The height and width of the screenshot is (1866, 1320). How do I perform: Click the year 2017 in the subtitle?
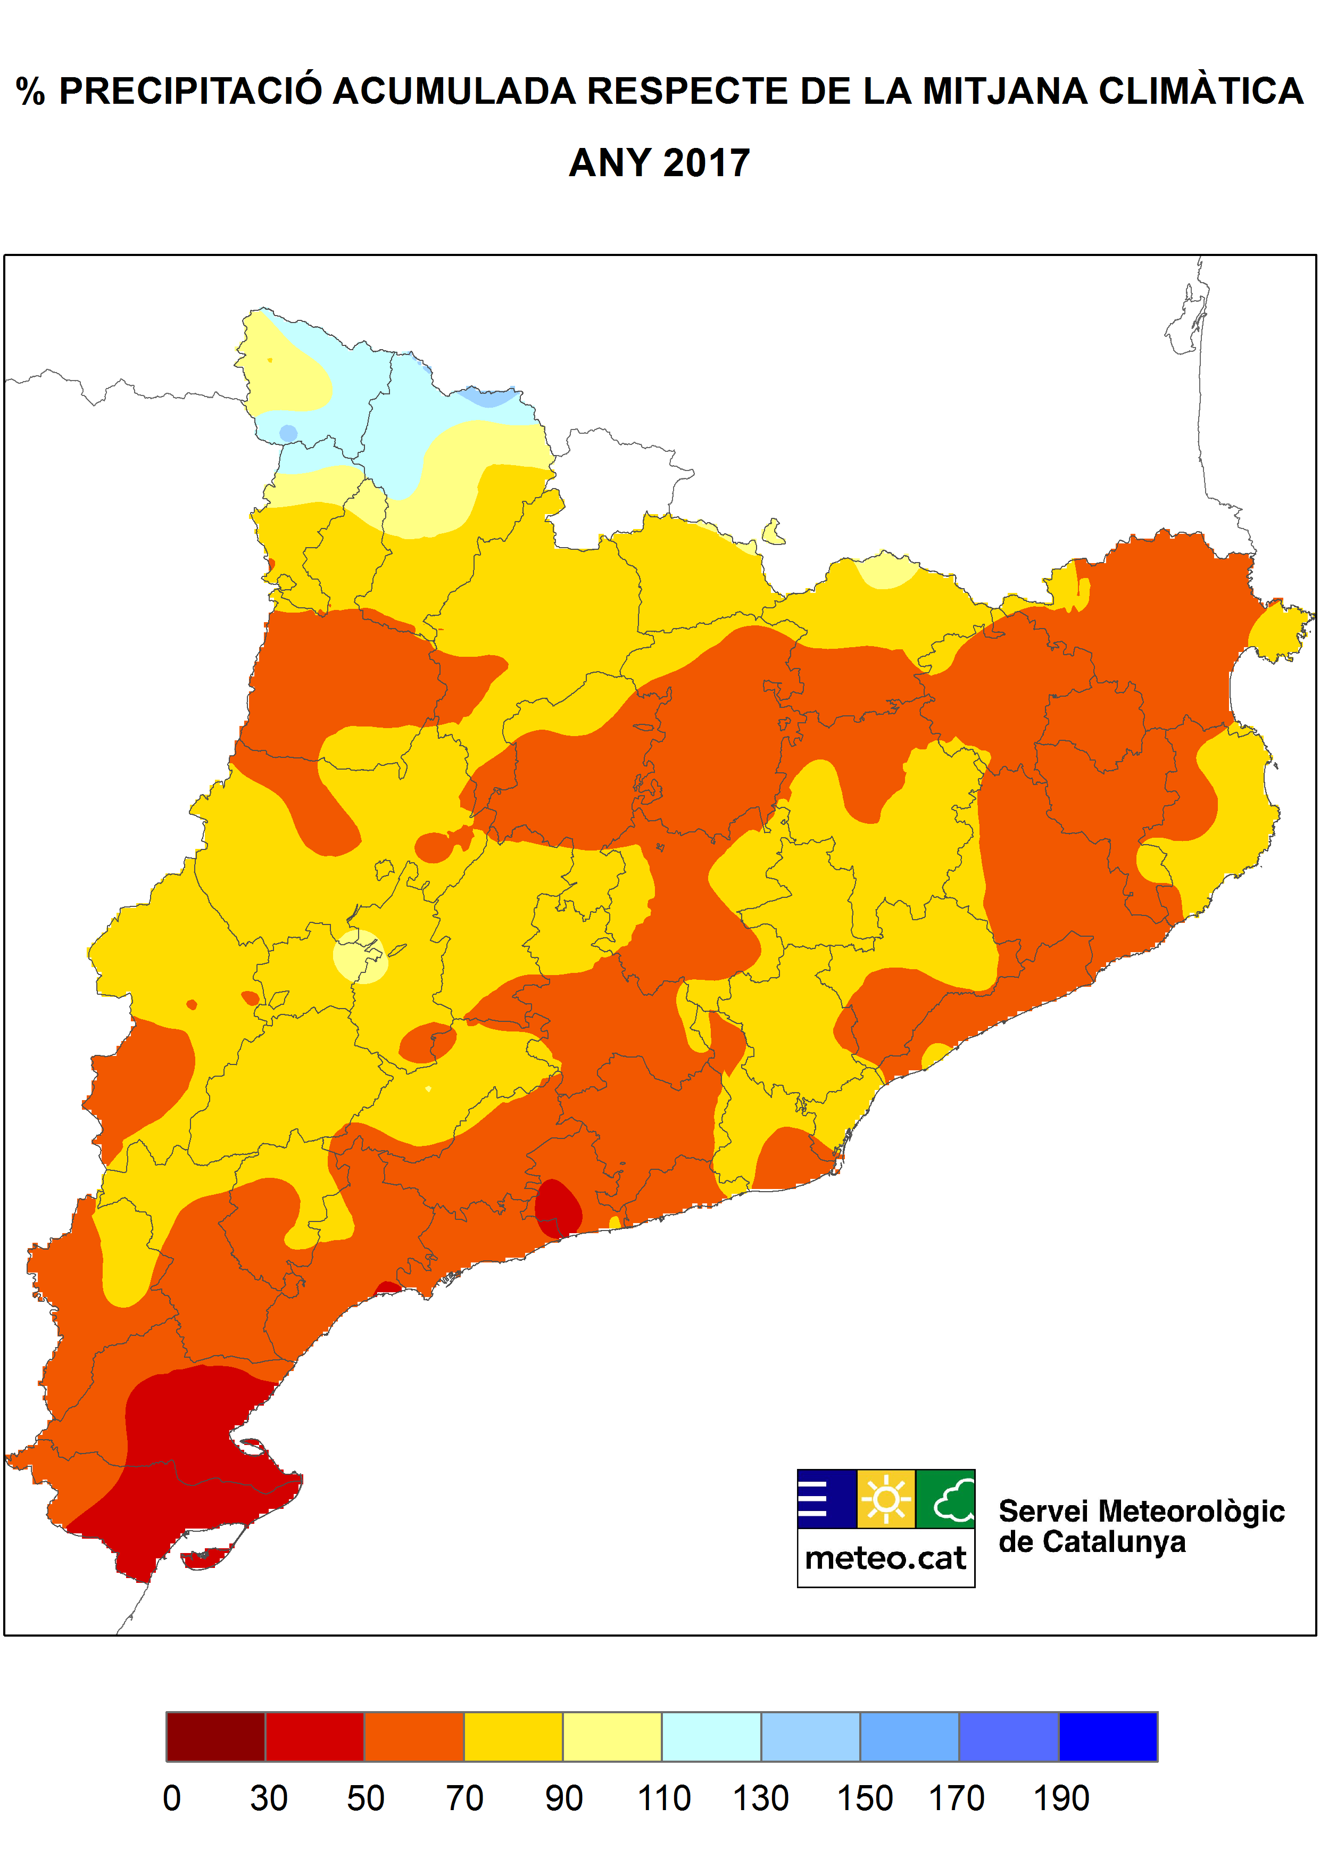[705, 163]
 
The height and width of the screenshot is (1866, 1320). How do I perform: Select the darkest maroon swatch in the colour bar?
[215, 1736]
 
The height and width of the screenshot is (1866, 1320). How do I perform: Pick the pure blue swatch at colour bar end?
[1108, 1736]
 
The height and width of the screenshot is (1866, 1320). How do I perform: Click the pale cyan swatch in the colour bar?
[711, 1736]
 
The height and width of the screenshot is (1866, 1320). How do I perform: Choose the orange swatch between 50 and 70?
[414, 1736]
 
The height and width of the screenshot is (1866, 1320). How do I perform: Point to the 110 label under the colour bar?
[664, 1798]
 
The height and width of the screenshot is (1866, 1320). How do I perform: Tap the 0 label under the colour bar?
[171, 1798]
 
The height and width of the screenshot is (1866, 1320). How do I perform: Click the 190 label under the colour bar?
[1061, 1798]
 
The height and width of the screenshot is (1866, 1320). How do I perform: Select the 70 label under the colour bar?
[464, 1798]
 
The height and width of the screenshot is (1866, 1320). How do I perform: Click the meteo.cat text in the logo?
[885, 1558]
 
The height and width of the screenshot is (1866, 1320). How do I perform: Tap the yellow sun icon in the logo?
[886, 1498]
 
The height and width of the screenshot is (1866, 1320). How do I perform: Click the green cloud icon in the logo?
[946, 1498]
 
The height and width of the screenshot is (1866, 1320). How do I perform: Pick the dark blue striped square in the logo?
[826, 1498]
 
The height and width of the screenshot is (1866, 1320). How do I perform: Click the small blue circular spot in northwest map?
[288, 433]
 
